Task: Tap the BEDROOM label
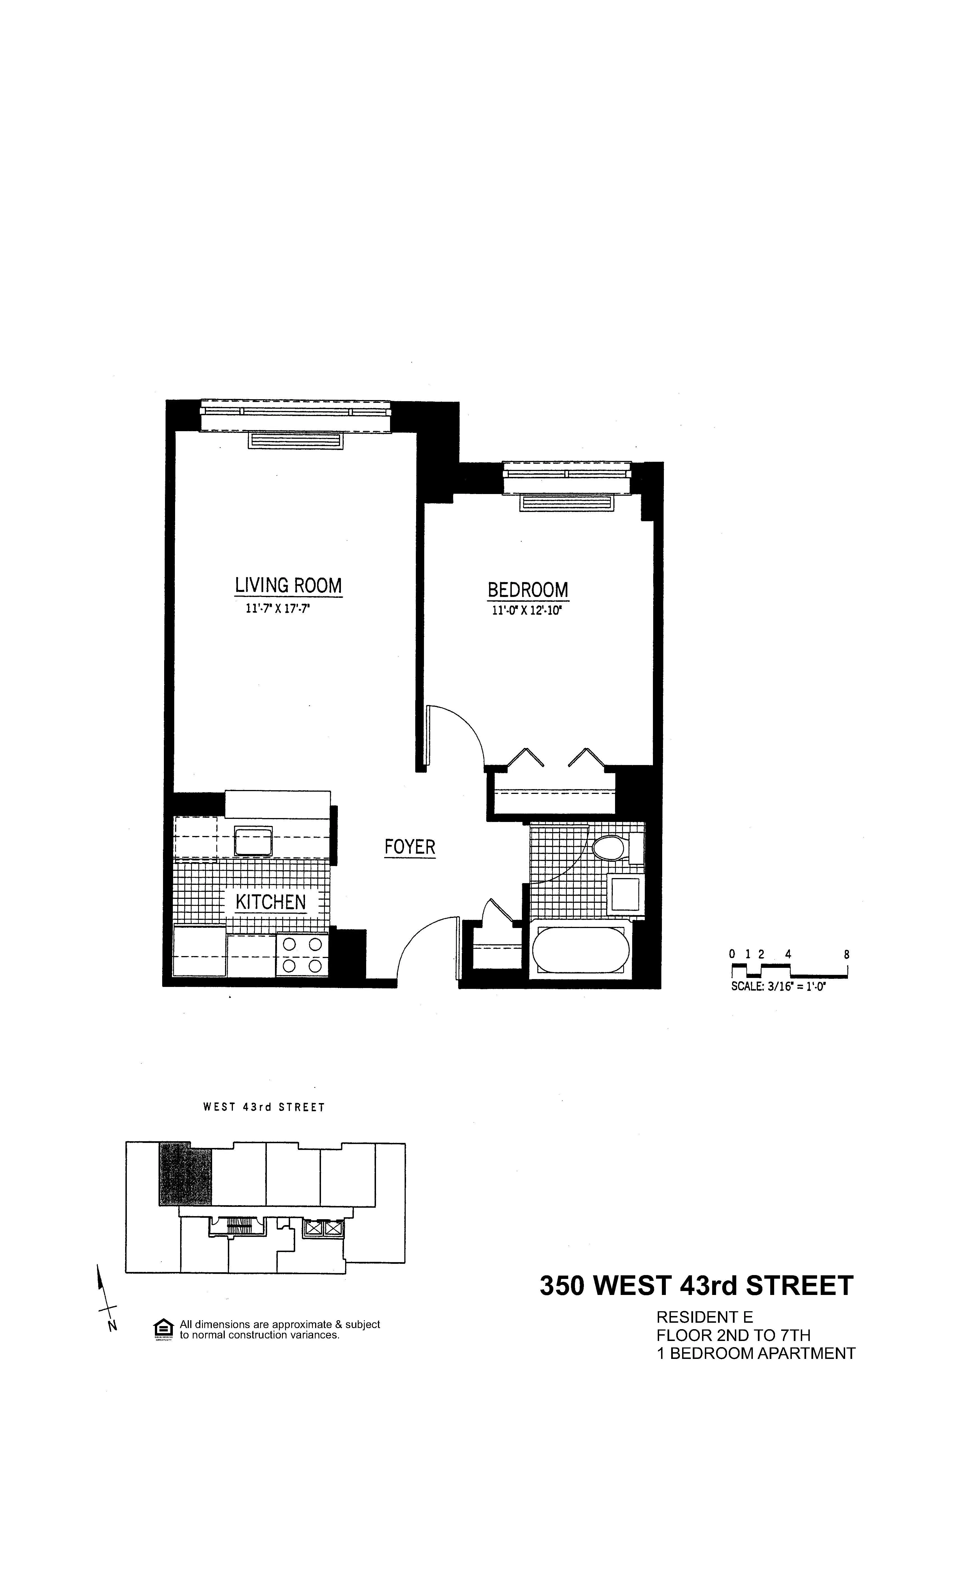[528, 590]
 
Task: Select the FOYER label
[409, 847]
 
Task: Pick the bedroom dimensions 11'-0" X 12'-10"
[527, 611]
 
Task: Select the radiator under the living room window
[295, 440]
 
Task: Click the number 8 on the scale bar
[846, 954]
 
